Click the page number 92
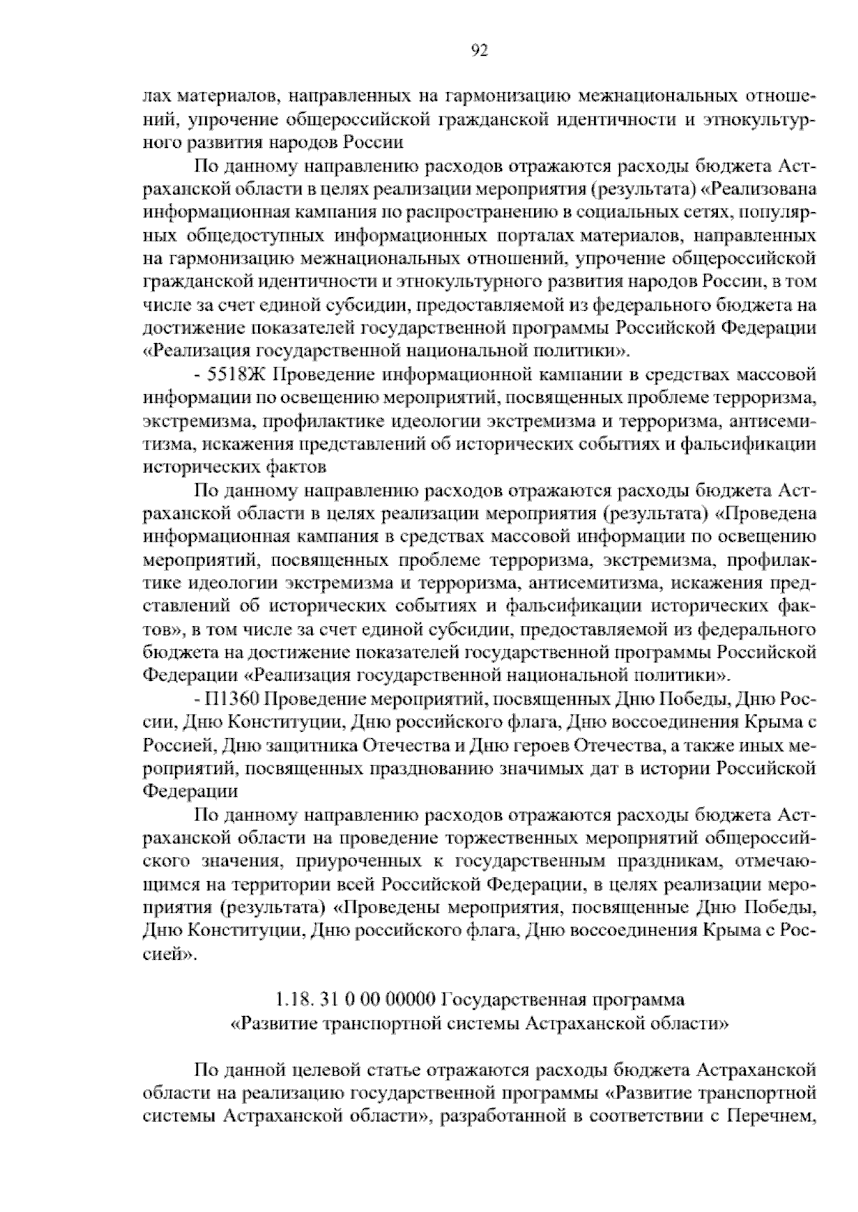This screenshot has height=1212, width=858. point(480,50)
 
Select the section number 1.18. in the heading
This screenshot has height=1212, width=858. point(292,998)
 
